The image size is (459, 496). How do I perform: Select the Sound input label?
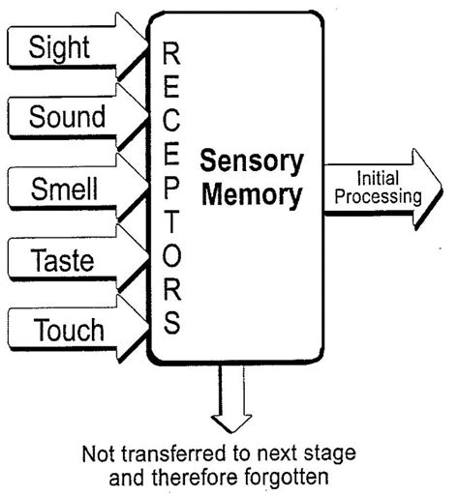[x=67, y=118]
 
